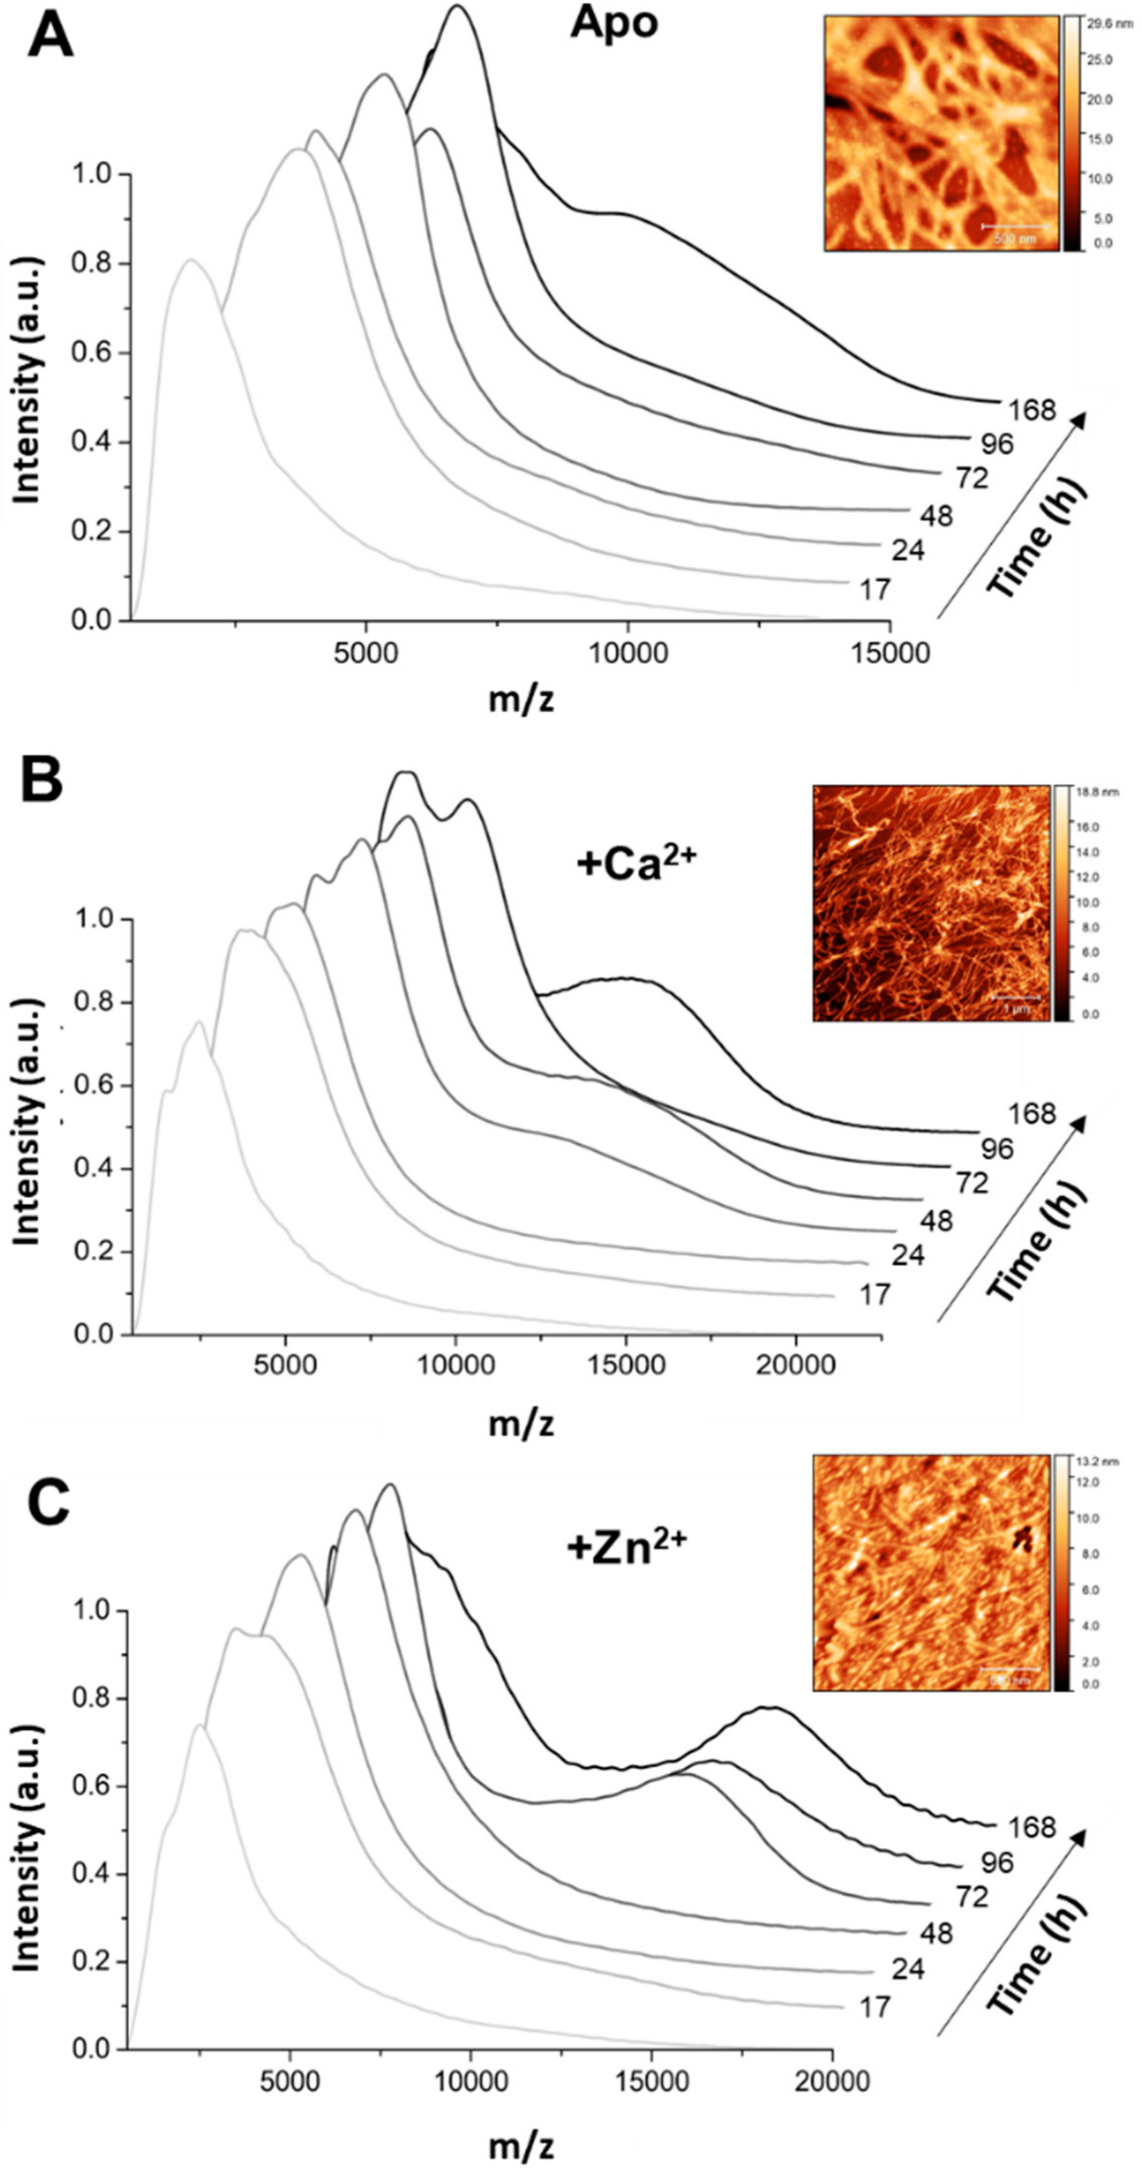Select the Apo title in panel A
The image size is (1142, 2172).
(613, 24)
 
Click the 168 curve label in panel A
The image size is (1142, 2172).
(1032, 410)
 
